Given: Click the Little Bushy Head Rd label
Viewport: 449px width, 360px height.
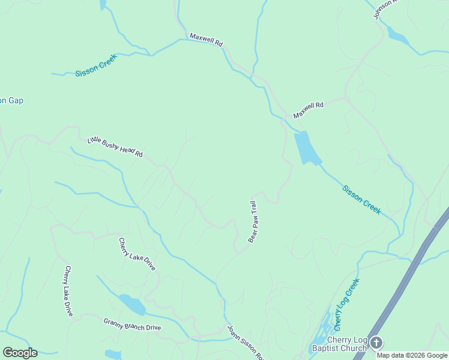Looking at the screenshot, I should coord(115,147).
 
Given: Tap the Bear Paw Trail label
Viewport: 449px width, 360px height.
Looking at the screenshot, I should coord(253,222).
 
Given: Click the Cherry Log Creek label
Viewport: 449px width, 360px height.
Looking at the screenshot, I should coord(347,305).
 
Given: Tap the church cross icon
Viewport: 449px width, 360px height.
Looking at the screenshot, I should coord(376,343).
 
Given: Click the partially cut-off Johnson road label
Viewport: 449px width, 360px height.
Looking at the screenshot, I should coord(386,8).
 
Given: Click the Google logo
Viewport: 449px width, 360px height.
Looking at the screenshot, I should coord(20,353).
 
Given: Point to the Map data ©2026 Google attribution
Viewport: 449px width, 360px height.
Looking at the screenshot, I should coord(412,355).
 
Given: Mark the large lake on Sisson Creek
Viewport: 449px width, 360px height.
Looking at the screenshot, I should coord(307,148).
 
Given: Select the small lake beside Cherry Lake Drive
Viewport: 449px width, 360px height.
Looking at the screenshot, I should coord(132,304).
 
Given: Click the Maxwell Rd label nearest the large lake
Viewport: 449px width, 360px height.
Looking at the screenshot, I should coord(308,109).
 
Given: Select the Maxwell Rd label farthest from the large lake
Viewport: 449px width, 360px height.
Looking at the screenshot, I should coord(206,40).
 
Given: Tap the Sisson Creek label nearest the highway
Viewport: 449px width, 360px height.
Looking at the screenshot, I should coord(361,200).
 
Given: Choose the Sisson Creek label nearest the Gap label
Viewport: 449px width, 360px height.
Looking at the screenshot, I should coord(96,65).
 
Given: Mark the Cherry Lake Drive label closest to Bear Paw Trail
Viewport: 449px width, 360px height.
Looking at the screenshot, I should coord(137,254).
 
